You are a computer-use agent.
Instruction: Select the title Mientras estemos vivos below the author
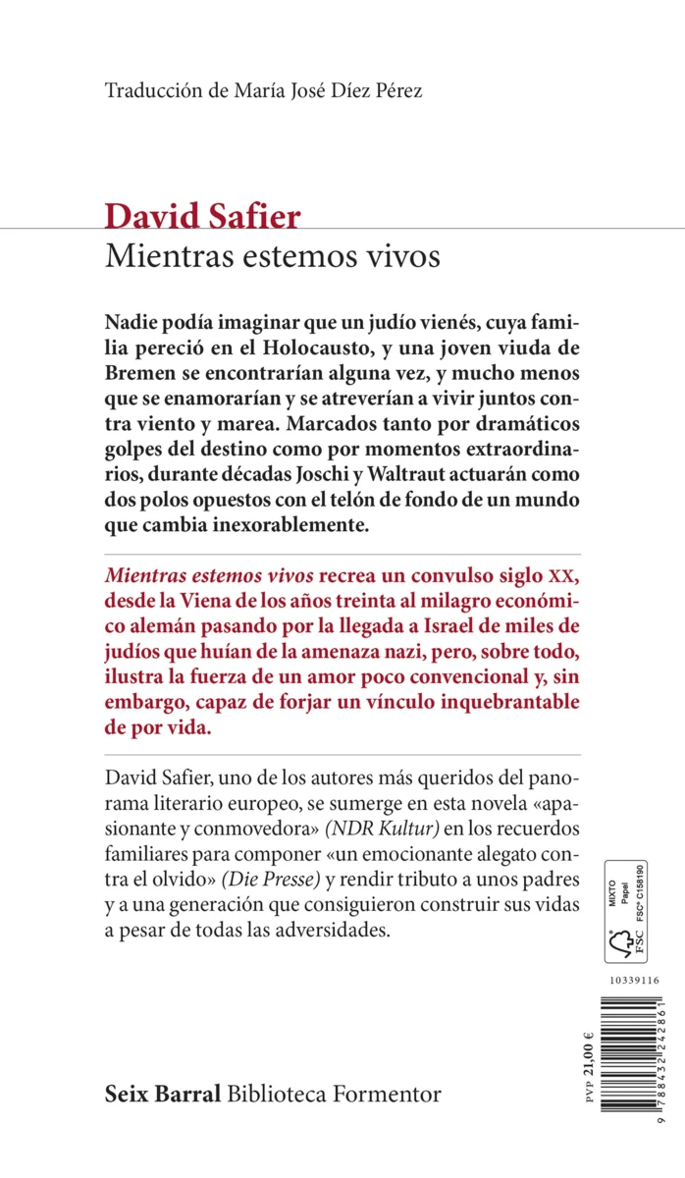(272, 256)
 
